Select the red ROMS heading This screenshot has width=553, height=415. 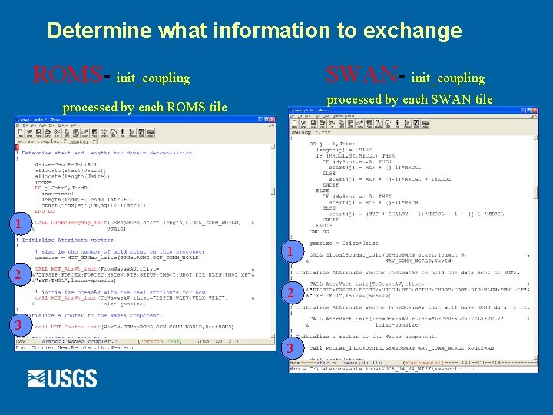coord(66,75)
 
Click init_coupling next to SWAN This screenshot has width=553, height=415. coord(448,78)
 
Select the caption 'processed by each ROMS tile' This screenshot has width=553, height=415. coord(144,107)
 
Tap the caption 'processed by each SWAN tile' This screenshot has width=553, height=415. coord(409,99)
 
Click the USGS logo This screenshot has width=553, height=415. coord(62,378)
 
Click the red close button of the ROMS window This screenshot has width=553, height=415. coord(271,120)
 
